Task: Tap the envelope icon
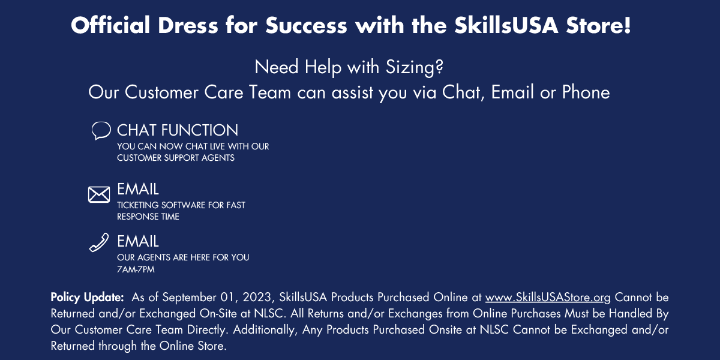click(99, 194)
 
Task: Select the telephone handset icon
click(99, 242)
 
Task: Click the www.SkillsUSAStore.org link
click(548, 298)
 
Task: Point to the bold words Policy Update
click(87, 298)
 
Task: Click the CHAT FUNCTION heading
click(178, 130)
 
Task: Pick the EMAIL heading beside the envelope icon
click(138, 189)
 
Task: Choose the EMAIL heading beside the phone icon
click(138, 241)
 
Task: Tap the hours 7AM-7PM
click(136, 269)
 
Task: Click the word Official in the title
click(110, 25)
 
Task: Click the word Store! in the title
click(599, 25)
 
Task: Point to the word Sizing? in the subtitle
click(415, 67)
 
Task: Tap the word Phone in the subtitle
click(586, 92)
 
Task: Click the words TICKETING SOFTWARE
click(161, 205)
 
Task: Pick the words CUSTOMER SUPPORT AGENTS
click(176, 158)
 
